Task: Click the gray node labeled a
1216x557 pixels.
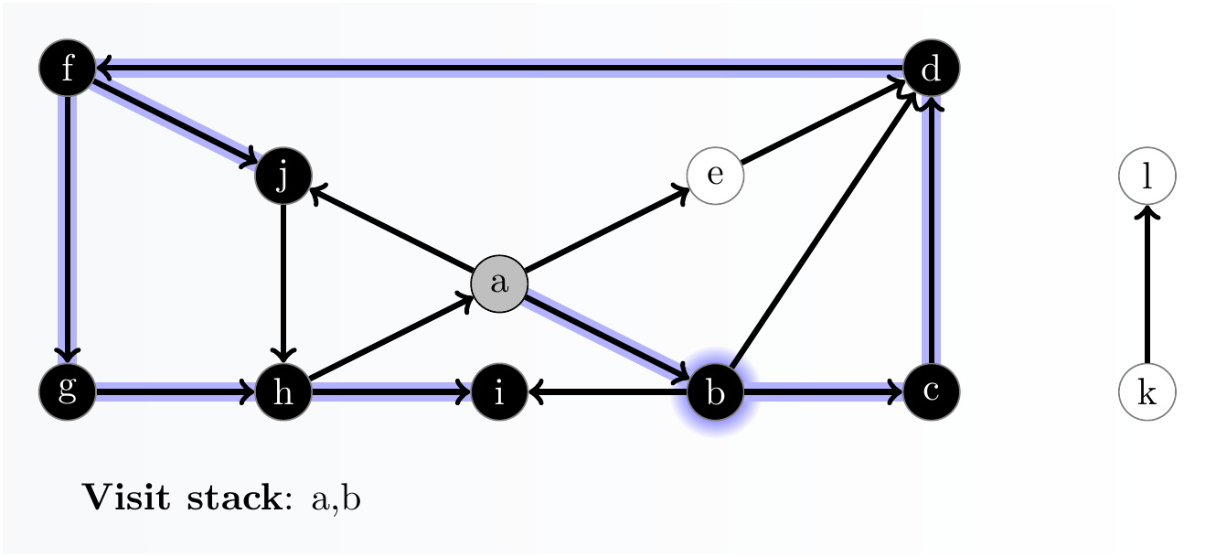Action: coord(499,284)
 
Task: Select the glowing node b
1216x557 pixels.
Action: coord(715,392)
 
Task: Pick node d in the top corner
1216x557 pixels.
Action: coord(931,69)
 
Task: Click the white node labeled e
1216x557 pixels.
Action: coord(715,176)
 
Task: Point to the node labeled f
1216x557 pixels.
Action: coord(68,69)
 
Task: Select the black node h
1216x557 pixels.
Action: coord(283,392)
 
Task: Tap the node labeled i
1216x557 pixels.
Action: coord(499,392)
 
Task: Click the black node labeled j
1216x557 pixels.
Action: coord(283,176)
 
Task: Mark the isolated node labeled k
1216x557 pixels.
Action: coord(1147,392)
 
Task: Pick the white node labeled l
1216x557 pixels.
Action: coord(1147,176)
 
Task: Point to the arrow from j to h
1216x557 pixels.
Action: coord(283,284)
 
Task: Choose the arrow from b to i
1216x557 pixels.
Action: coord(607,392)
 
